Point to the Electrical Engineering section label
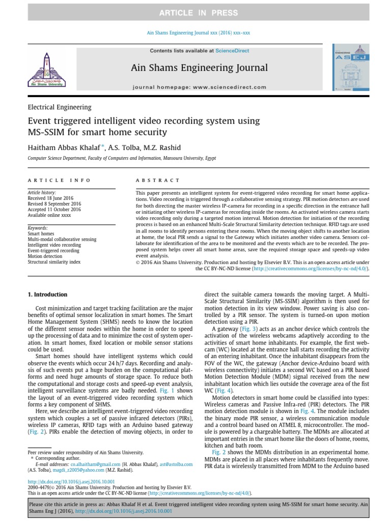60,107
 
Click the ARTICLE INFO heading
60,180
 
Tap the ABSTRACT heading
158,180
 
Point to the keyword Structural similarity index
54,262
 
